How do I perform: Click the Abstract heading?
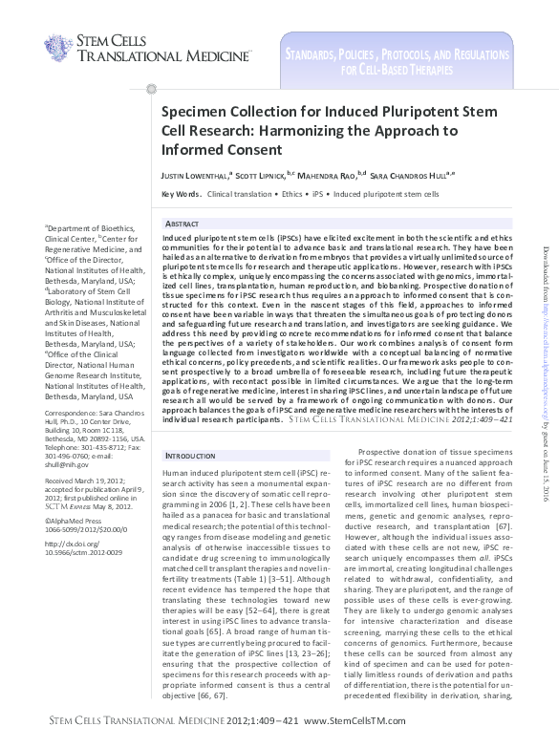tap(183, 223)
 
